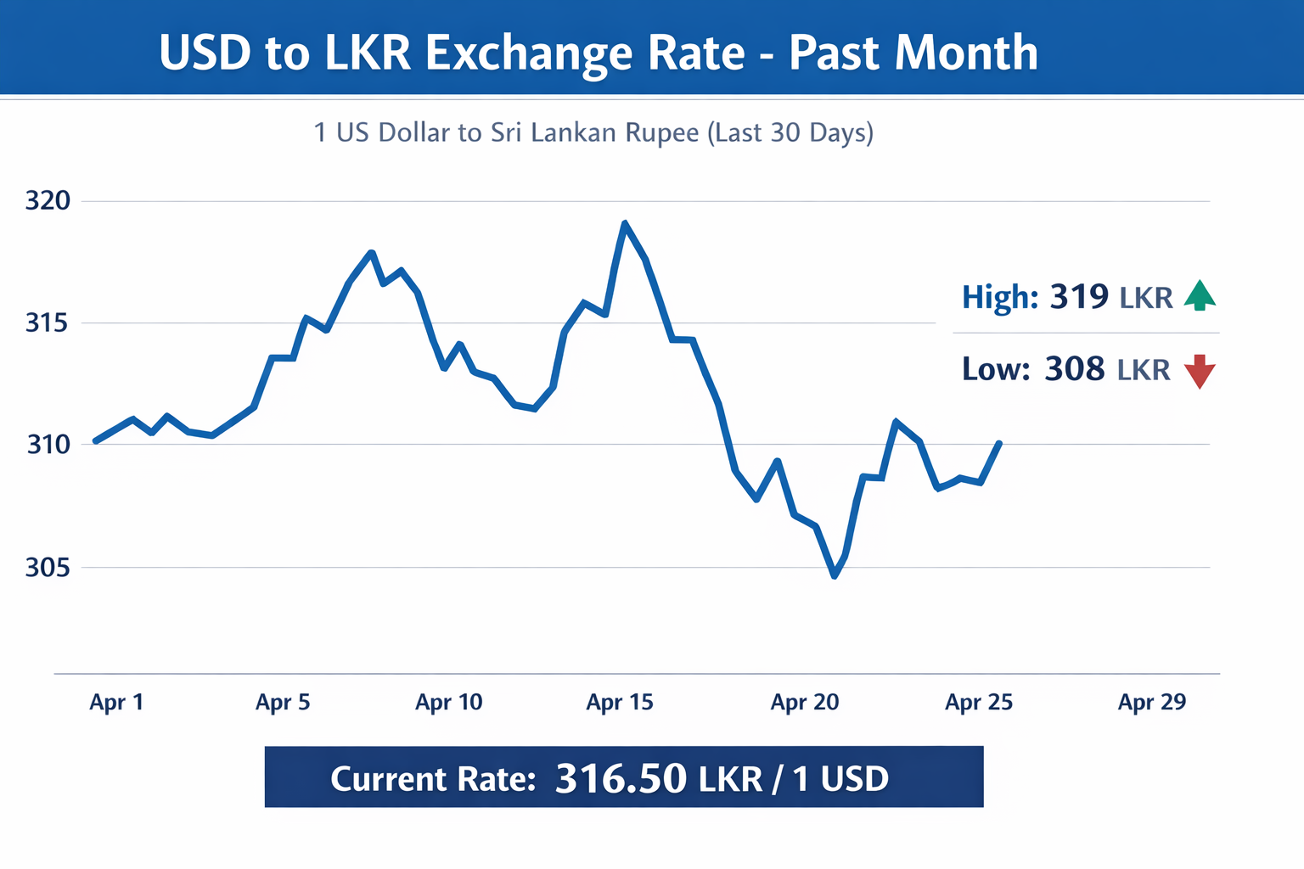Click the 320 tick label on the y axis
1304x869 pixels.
tap(48, 201)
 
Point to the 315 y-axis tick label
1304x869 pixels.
tap(48, 323)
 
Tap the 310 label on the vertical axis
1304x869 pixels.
tap(48, 444)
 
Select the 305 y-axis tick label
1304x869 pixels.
tap(48, 567)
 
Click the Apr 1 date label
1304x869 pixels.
tap(116, 703)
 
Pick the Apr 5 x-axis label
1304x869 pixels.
tap(283, 703)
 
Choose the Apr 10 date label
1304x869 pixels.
tap(448, 703)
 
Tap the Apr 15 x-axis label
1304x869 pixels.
tap(620, 703)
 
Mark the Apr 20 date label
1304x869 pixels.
tap(804, 703)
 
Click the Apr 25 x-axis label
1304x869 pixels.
tap(979, 703)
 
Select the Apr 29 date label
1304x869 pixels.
tap(1152, 703)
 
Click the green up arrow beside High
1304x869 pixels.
tap(1200, 295)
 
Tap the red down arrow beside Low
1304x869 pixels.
tap(1200, 372)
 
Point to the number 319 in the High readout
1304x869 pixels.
tap(1079, 297)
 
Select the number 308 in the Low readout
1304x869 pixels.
tap(1075, 369)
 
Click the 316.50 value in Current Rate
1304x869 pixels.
tap(621, 778)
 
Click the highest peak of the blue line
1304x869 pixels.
tap(625, 224)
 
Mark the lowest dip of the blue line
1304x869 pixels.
tap(835, 576)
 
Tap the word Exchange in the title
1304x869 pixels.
tap(528, 53)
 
